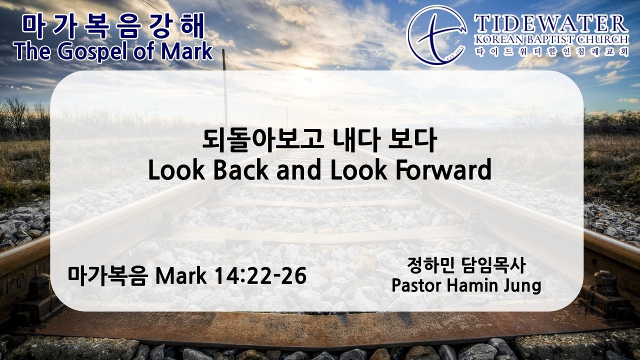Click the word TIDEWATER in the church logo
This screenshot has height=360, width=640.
551,24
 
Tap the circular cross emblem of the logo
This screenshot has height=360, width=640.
436,35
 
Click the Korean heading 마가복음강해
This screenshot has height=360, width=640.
113,26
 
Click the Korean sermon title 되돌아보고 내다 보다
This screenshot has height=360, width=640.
319,140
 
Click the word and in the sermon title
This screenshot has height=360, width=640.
299,170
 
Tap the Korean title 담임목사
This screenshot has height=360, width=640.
493,265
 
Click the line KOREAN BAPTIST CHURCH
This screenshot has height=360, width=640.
551,40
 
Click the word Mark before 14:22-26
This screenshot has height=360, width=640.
180,276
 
